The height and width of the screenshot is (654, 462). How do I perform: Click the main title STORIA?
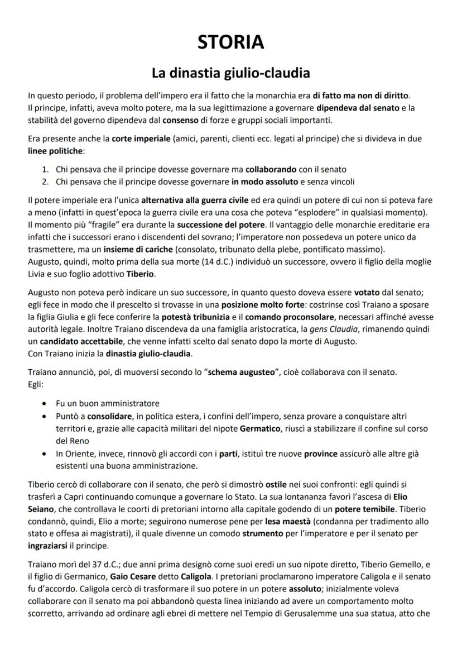tap(231, 42)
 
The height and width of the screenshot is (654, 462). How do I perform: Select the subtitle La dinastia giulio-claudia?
tap(231, 73)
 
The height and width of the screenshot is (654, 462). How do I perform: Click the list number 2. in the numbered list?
tap(45, 181)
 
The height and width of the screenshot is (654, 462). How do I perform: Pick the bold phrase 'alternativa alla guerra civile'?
tap(186, 199)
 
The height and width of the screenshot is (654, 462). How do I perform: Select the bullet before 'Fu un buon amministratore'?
tap(45, 403)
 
